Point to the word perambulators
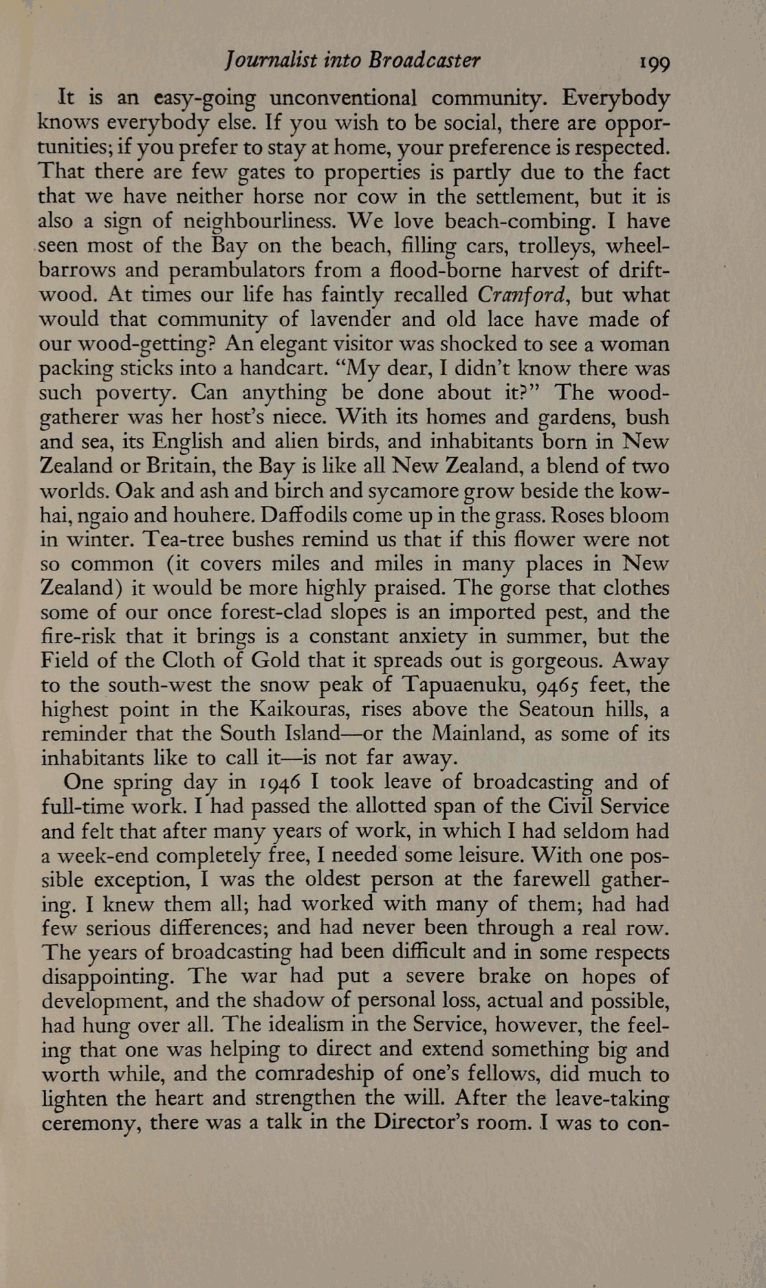point(217,271)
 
